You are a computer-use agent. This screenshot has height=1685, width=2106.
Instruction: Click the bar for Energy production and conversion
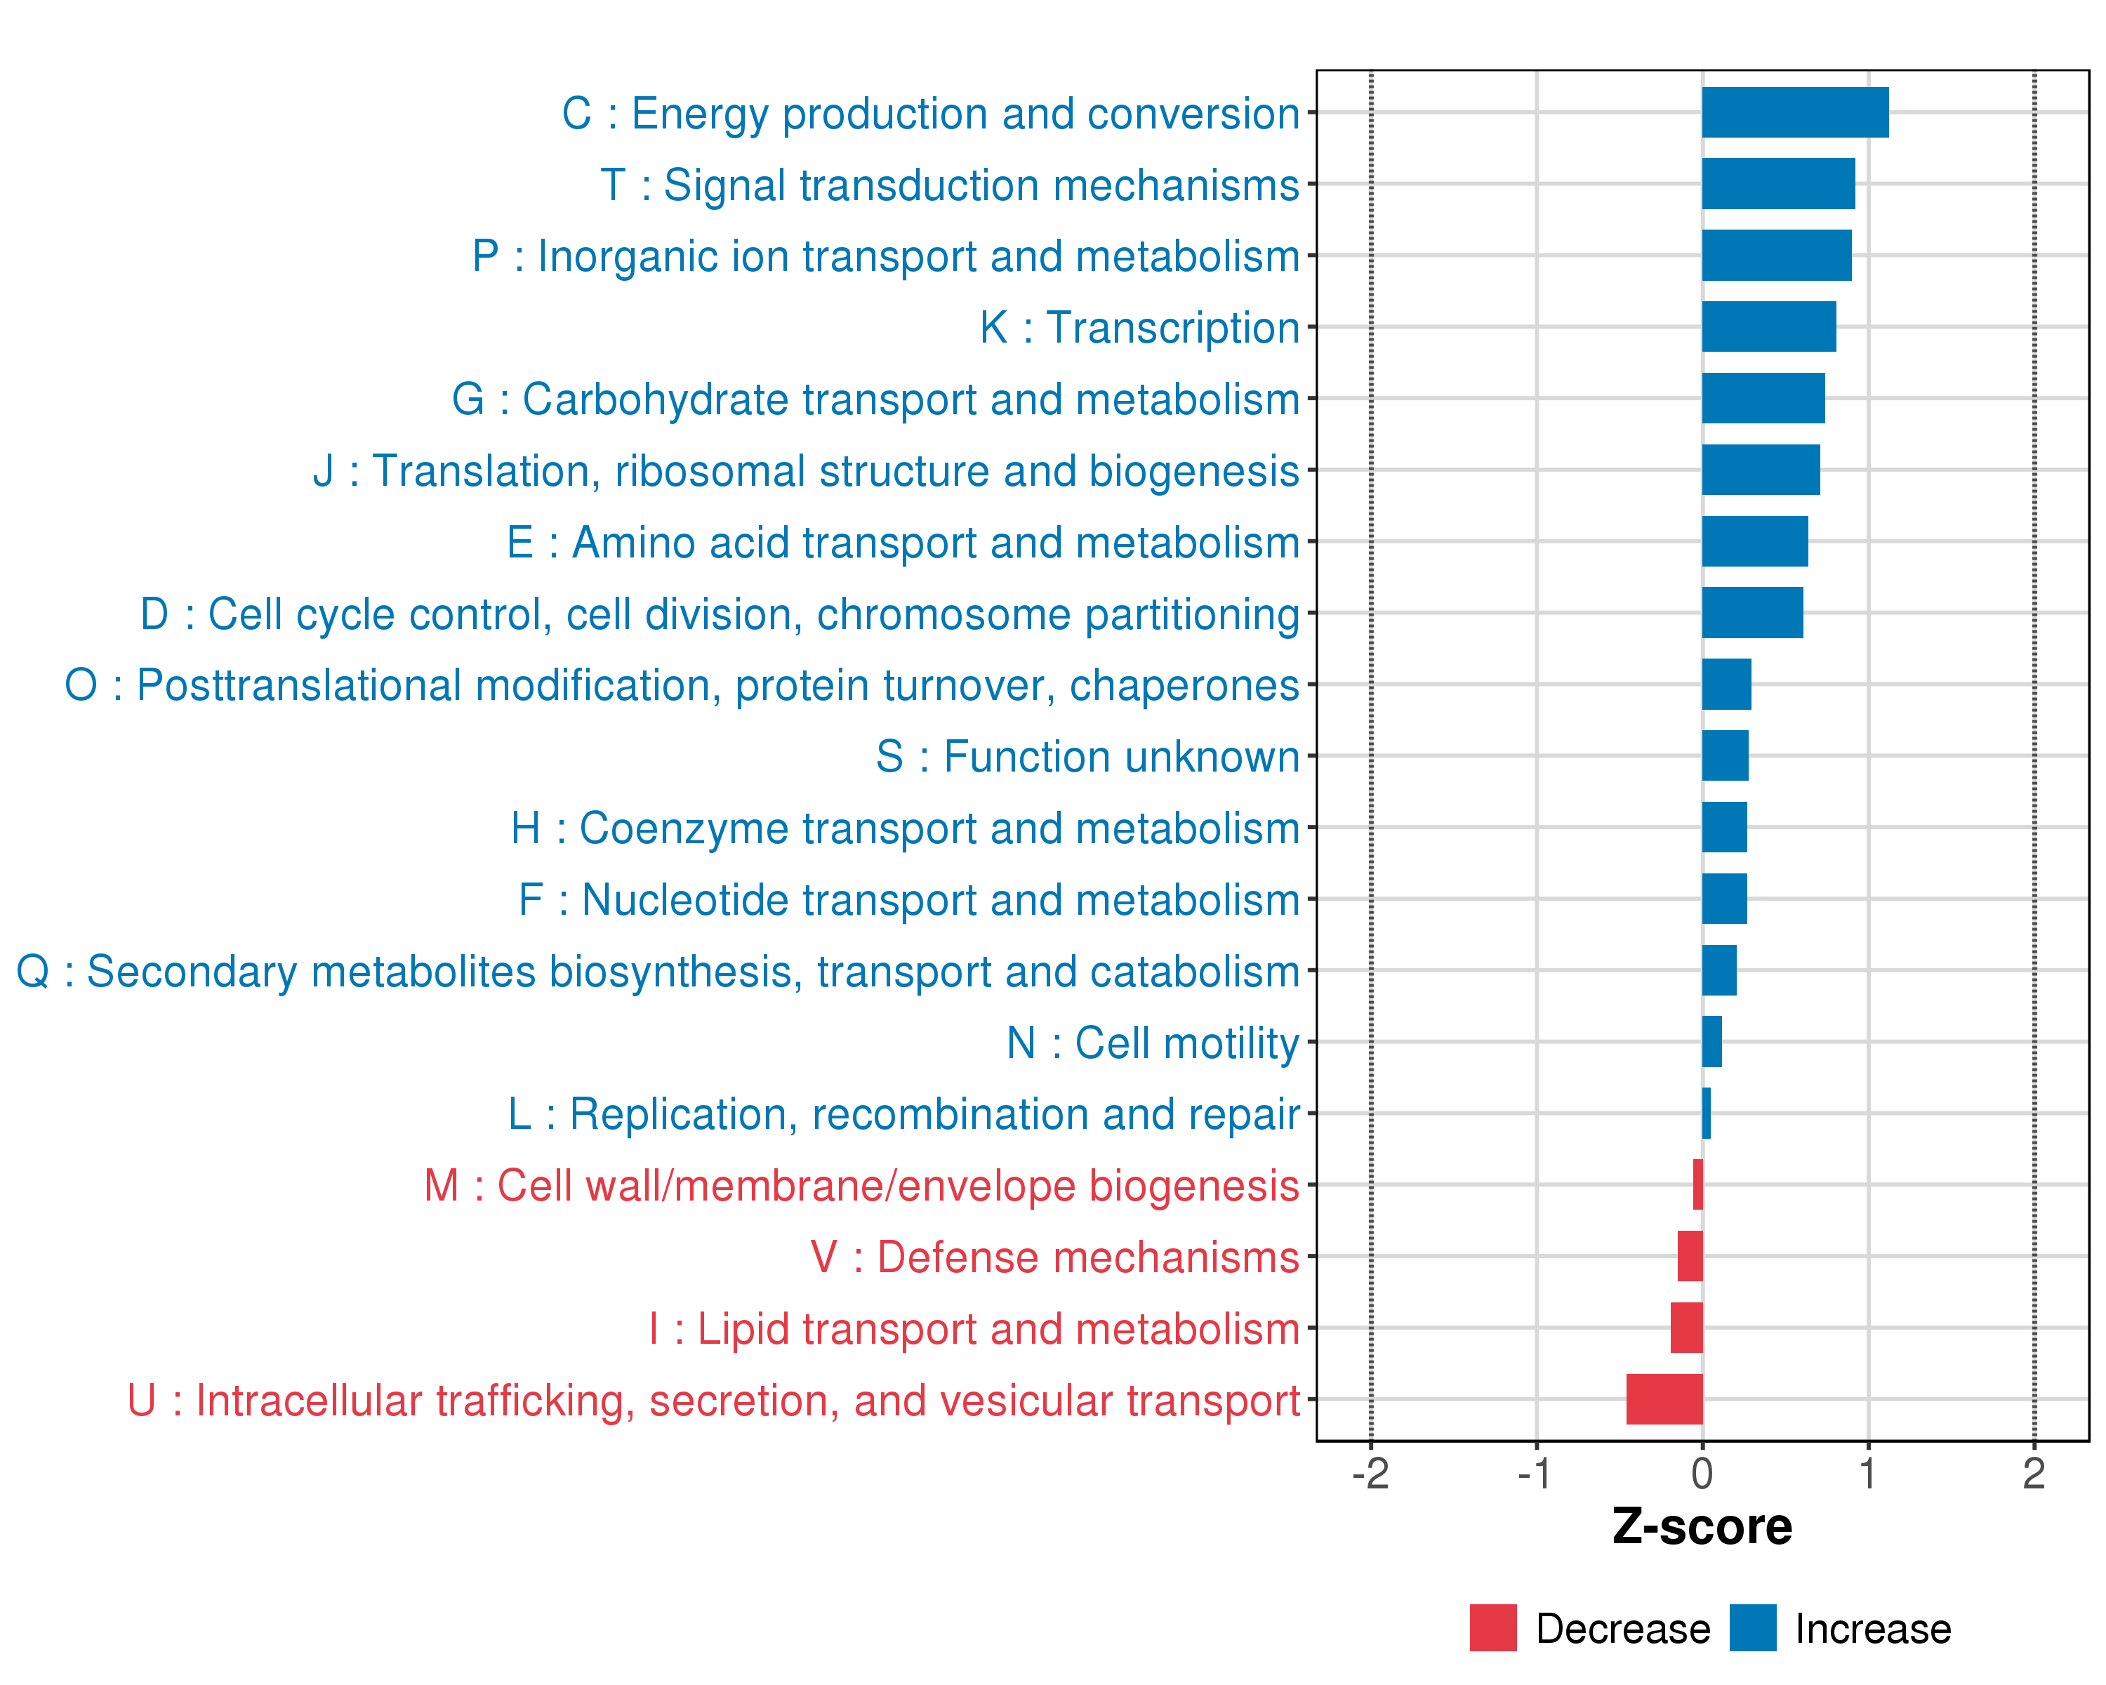pyautogui.click(x=1794, y=112)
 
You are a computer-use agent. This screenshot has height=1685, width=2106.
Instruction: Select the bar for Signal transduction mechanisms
pyautogui.click(x=1777, y=184)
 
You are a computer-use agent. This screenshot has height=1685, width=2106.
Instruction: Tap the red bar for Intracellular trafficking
pyautogui.click(x=1664, y=1399)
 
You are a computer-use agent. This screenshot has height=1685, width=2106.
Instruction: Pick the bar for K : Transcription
pyautogui.click(x=1768, y=326)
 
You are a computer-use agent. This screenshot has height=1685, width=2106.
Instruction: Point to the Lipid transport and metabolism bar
pyautogui.click(x=1686, y=1328)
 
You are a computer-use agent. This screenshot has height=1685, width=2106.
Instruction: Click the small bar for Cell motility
pyautogui.click(x=1711, y=1041)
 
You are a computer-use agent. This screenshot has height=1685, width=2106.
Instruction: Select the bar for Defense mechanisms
pyautogui.click(x=1690, y=1256)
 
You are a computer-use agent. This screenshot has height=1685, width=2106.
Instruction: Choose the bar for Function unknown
pyautogui.click(x=1725, y=755)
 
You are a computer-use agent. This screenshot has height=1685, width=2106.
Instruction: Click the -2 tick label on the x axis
pyautogui.click(x=1370, y=1474)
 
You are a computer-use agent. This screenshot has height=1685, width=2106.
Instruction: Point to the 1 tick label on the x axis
pyautogui.click(x=1867, y=1474)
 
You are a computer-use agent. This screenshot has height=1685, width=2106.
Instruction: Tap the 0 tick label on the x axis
pyautogui.click(x=1702, y=1474)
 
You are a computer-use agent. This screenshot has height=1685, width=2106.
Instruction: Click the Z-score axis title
pyautogui.click(x=1702, y=1527)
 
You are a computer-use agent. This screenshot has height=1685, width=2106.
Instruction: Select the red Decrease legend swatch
pyautogui.click(x=1492, y=1628)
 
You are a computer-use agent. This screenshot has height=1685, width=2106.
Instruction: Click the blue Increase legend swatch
pyautogui.click(x=1752, y=1628)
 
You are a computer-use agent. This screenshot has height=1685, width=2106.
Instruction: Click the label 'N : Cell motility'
pyautogui.click(x=1153, y=1043)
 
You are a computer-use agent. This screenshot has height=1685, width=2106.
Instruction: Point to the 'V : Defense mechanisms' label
pyautogui.click(x=1055, y=1257)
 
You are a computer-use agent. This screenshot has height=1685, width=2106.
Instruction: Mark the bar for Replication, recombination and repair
pyautogui.click(x=1707, y=1113)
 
